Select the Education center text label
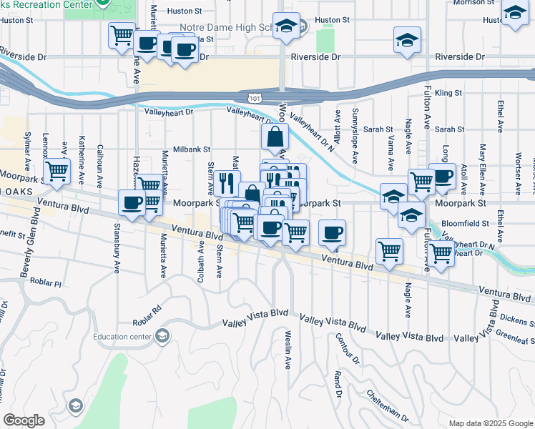pyautogui.click(x=124, y=337)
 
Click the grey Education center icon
pyautogui.click(x=162, y=336)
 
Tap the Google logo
pyautogui.click(x=24, y=420)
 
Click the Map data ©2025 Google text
pyautogui.click(x=490, y=423)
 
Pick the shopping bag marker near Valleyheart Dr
pyautogui.click(x=275, y=135)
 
